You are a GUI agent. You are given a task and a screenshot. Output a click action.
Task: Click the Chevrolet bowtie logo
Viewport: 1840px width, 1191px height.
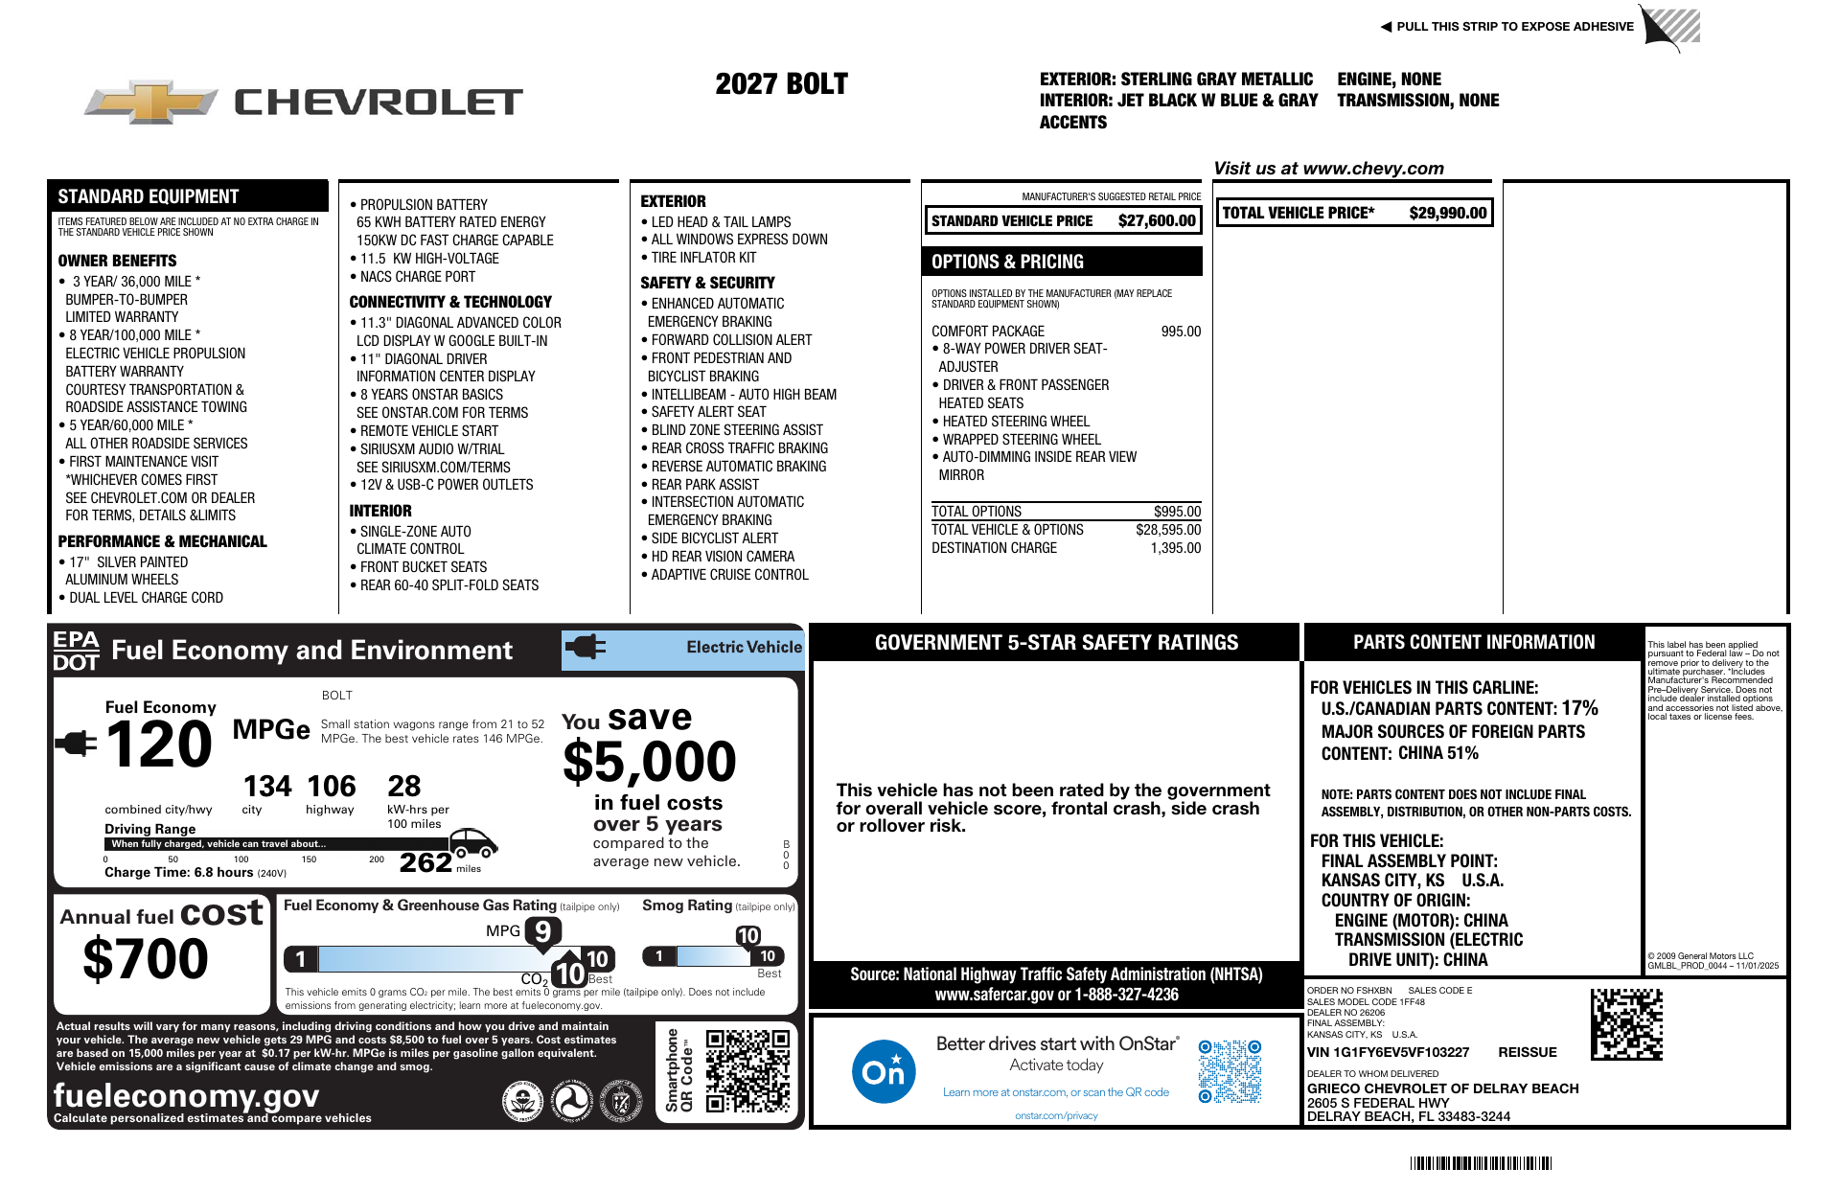tap(150, 102)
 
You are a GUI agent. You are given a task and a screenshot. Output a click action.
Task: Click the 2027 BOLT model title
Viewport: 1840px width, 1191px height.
tap(781, 84)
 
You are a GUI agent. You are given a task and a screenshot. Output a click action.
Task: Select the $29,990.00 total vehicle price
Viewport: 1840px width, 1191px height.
tap(1447, 213)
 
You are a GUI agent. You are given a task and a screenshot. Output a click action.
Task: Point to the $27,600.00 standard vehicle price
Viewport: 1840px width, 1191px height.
tap(1156, 220)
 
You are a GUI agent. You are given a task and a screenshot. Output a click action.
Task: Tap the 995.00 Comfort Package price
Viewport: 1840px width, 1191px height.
tap(1180, 332)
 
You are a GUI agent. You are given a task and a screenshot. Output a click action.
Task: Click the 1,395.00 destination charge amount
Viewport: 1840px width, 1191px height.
tap(1175, 548)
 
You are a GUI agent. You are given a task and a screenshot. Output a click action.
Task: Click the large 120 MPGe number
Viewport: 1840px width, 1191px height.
tap(158, 744)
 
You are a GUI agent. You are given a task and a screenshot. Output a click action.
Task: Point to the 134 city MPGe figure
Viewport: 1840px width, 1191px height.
tap(266, 787)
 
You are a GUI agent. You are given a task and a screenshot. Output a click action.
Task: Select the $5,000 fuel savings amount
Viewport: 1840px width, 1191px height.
tap(649, 763)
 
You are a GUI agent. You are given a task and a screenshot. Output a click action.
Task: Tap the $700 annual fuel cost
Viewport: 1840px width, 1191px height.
tap(146, 958)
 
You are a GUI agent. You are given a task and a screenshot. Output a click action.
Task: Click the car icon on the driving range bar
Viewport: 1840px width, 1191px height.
tap(472, 842)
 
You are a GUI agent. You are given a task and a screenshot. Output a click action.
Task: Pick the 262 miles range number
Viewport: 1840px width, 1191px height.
tap(425, 862)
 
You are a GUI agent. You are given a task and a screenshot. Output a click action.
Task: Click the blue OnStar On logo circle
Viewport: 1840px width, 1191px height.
tap(883, 1070)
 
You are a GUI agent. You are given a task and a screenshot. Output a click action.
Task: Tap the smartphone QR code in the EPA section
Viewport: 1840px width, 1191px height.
tap(747, 1070)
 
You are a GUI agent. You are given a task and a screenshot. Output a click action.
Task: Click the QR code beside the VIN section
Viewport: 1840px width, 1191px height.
tap(1626, 1024)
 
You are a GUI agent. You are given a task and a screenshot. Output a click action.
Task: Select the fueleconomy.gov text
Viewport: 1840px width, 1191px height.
tap(186, 1095)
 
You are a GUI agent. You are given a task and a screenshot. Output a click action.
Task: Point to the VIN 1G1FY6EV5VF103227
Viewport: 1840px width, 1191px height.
tap(1388, 1052)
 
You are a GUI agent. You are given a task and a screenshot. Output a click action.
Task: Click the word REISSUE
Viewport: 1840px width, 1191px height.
tap(1527, 1052)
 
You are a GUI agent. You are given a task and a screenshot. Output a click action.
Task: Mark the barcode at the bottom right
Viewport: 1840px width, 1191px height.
tap(1480, 1163)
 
